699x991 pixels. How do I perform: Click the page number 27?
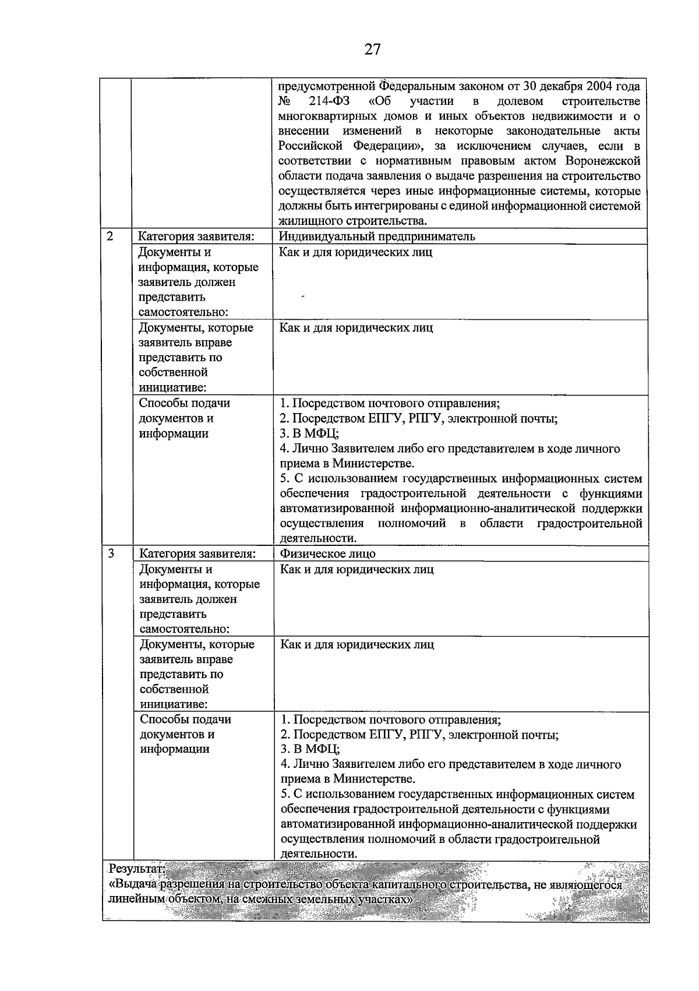[x=372, y=50]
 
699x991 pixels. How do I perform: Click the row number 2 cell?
[x=110, y=237]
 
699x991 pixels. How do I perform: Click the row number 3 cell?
[x=111, y=553]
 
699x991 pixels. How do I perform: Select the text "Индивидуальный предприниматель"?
[x=377, y=237]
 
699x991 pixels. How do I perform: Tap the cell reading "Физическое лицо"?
[x=328, y=554]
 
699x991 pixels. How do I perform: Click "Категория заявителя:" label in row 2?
[x=196, y=237]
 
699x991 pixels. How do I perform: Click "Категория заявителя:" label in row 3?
[x=197, y=554]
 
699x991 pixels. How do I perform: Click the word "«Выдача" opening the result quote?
[x=133, y=884]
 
